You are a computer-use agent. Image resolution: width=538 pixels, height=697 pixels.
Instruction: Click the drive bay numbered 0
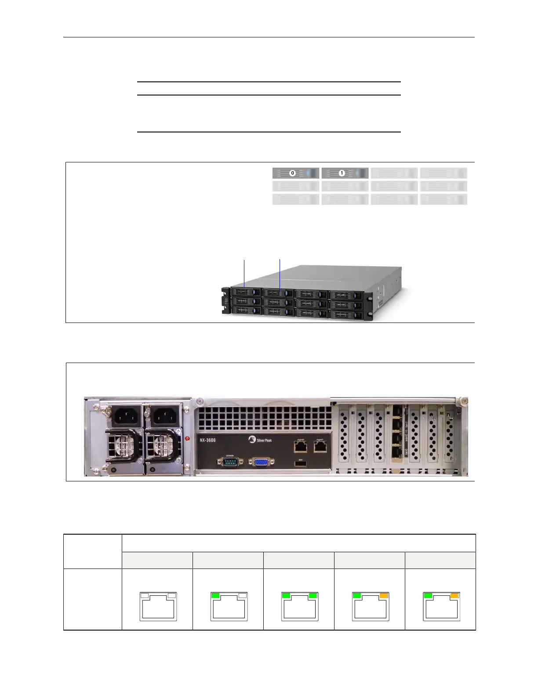click(296, 173)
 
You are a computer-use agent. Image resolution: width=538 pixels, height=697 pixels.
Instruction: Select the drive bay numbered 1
click(345, 173)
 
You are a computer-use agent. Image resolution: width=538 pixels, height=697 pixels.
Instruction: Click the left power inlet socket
click(127, 415)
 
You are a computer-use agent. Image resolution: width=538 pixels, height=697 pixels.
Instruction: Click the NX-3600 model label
click(207, 440)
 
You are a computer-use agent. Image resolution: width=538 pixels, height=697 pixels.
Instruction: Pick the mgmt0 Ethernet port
click(301, 447)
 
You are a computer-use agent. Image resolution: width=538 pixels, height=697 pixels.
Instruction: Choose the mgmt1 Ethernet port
click(320, 447)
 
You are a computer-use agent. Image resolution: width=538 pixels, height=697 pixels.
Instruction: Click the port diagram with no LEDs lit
click(158, 606)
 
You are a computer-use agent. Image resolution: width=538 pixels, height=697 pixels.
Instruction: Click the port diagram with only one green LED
click(229, 606)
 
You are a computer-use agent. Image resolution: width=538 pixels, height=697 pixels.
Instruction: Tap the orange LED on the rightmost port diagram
click(454, 595)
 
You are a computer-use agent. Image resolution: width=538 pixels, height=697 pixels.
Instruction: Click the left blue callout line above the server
click(244, 273)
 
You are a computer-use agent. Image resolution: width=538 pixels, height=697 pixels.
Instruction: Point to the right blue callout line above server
click(280, 273)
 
